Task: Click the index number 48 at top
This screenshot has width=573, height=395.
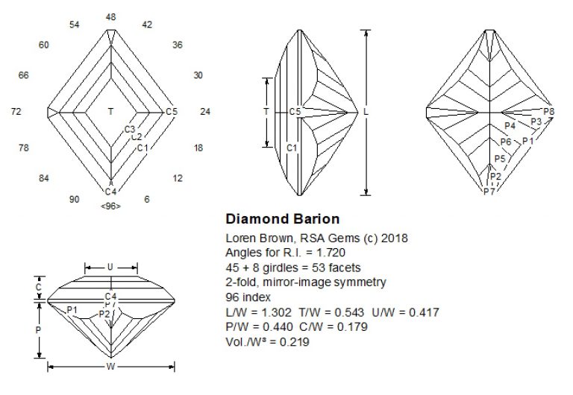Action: (110, 16)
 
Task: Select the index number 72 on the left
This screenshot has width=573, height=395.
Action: (16, 112)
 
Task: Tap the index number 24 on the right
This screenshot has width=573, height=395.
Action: (206, 112)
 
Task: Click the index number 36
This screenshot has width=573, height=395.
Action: (178, 45)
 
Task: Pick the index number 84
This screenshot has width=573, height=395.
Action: (44, 178)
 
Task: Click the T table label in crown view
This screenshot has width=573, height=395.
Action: (110, 112)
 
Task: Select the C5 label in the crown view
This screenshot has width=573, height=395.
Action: (171, 112)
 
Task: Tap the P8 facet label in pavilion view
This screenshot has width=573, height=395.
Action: (548, 111)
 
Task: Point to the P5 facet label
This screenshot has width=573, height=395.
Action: (500, 159)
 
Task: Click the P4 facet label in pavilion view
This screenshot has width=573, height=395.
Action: (510, 126)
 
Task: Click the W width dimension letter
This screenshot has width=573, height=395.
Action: (111, 367)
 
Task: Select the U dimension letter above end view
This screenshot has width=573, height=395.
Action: (110, 266)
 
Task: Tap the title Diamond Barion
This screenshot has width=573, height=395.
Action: (282, 220)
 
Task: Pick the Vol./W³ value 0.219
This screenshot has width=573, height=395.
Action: (295, 341)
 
